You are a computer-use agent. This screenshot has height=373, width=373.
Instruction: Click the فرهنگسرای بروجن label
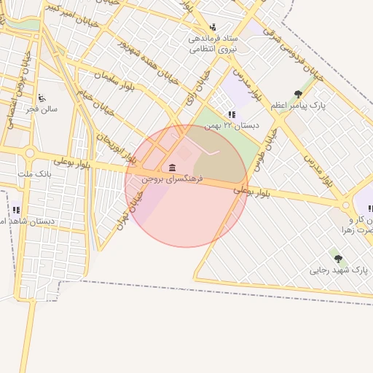(172, 178)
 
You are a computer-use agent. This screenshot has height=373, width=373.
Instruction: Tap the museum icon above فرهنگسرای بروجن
(172, 168)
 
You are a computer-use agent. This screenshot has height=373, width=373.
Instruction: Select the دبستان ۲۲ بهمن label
(221, 125)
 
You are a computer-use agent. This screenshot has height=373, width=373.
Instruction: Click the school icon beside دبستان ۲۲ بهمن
(232, 114)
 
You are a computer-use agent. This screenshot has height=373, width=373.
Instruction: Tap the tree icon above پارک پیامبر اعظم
(299, 94)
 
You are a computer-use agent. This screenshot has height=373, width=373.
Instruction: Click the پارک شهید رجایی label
(339, 270)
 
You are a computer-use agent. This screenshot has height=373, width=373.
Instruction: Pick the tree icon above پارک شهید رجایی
(337, 258)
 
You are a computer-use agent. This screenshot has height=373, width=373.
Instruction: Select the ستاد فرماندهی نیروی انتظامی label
(211, 43)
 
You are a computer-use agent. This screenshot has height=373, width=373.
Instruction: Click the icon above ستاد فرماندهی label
(213, 26)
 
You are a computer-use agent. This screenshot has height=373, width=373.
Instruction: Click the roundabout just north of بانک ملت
(30, 154)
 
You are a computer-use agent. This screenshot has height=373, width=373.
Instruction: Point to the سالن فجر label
(42, 109)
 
